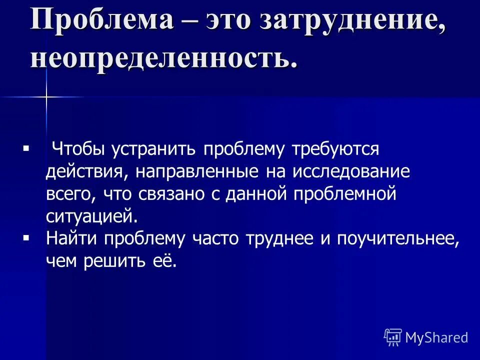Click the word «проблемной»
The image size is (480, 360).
pos(345,194)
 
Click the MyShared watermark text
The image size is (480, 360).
pos(436,337)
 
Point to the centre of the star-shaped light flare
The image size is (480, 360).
pos(46,96)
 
